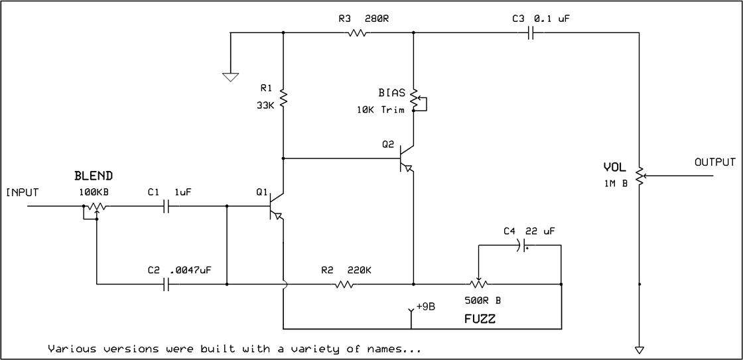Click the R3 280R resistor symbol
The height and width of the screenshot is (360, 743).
pyautogui.click(x=357, y=32)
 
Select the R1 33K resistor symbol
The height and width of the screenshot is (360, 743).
pyautogui.click(x=283, y=98)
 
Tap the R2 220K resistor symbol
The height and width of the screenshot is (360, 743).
pyautogui.click(x=344, y=284)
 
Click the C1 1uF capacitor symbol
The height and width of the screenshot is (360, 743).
pyautogui.click(x=167, y=206)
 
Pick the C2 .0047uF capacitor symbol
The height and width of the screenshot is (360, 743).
pyautogui.click(x=167, y=284)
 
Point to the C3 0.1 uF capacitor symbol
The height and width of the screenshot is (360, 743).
pyautogui.click(x=531, y=32)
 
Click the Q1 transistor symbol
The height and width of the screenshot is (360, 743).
pyautogui.click(x=277, y=206)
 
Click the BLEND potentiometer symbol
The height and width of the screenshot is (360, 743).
pyautogui.click(x=97, y=206)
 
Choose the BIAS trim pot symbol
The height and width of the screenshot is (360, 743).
pyautogui.click(x=414, y=99)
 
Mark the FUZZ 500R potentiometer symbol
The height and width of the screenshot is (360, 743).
pyautogui.click(x=478, y=284)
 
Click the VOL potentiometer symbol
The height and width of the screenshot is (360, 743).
pyautogui.click(x=640, y=176)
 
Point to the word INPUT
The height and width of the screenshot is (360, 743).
pyautogui.click(x=23, y=193)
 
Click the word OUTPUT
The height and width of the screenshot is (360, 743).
pyautogui.click(x=714, y=162)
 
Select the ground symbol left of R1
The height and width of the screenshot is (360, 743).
pyautogui.click(x=230, y=76)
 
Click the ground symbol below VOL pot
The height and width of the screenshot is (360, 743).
pyautogui.click(x=640, y=349)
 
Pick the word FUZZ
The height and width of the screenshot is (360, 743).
pyautogui.click(x=480, y=319)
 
